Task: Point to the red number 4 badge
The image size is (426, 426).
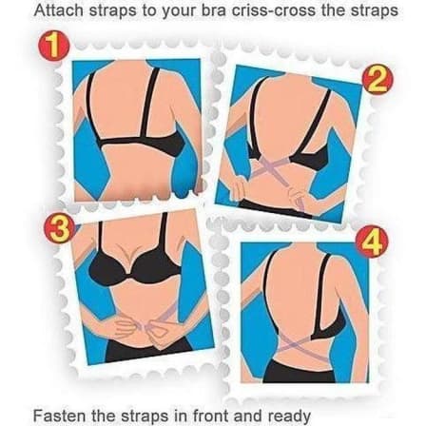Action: click(372, 242)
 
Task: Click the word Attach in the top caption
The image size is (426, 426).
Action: click(58, 11)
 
